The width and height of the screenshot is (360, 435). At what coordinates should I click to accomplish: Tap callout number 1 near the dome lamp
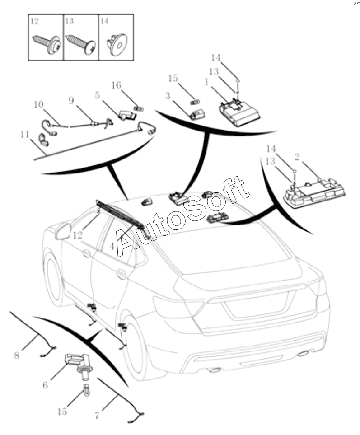[206, 83]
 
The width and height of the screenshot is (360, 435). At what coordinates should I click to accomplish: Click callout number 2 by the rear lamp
[297, 157]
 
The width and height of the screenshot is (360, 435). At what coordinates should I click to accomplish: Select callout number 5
[97, 95]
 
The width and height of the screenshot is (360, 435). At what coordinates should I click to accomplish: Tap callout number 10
[39, 104]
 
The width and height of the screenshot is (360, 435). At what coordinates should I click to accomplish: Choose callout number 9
[71, 100]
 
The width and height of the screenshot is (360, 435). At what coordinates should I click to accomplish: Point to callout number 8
[17, 355]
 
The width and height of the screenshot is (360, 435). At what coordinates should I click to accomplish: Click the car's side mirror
[63, 231]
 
